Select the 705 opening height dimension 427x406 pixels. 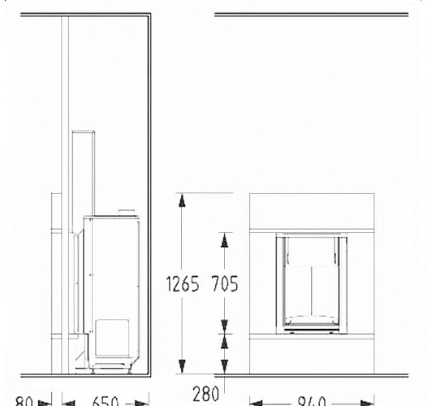click(x=224, y=286)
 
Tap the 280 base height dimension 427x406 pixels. click(x=206, y=395)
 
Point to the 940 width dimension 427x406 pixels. click(x=311, y=400)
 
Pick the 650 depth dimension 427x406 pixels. click(x=106, y=401)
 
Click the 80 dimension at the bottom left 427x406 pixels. click(x=24, y=401)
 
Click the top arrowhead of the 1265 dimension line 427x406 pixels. click(x=182, y=198)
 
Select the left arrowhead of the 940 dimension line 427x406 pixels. click(x=253, y=400)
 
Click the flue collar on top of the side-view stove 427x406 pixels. click(x=127, y=213)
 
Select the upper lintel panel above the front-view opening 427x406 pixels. click(x=311, y=212)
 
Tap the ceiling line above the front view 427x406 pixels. click(x=311, y=15)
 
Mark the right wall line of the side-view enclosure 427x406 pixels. click(x=149, y=195)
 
